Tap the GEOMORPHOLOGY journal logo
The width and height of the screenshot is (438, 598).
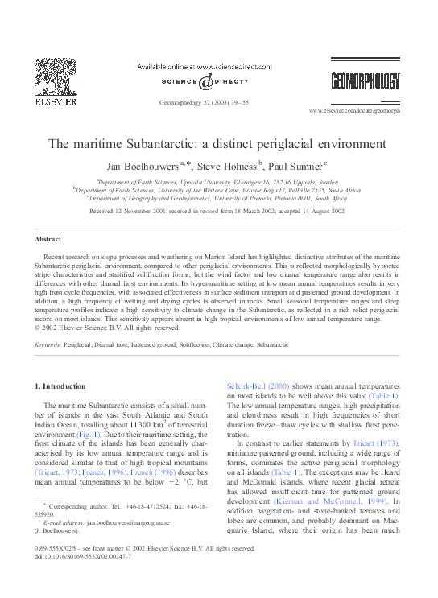tap(365, 80)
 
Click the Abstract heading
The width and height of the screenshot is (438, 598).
tap(48, 239)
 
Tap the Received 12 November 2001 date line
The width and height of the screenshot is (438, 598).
tap(217, 210)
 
